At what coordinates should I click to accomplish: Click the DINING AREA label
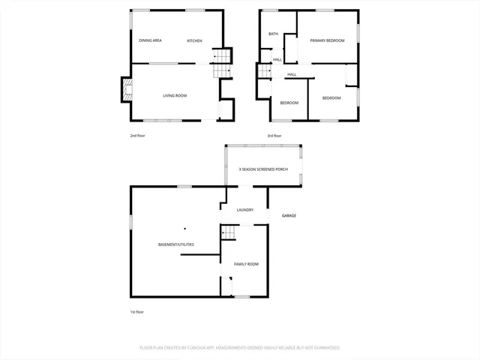151,40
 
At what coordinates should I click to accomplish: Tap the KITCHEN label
194,40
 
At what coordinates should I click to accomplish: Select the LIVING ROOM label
175,96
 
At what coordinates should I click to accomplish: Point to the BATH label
274,34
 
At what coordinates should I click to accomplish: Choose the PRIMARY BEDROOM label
328,40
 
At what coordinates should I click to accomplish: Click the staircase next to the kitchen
219,64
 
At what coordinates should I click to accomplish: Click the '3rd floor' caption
274,136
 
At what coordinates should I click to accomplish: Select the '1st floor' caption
136,312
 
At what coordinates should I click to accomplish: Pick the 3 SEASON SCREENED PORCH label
263,169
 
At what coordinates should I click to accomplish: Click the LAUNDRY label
244,210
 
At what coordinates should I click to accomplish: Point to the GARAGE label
289,216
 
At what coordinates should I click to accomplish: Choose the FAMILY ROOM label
246,264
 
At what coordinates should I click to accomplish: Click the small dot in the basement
184,228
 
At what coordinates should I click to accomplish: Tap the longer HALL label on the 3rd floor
292,74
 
